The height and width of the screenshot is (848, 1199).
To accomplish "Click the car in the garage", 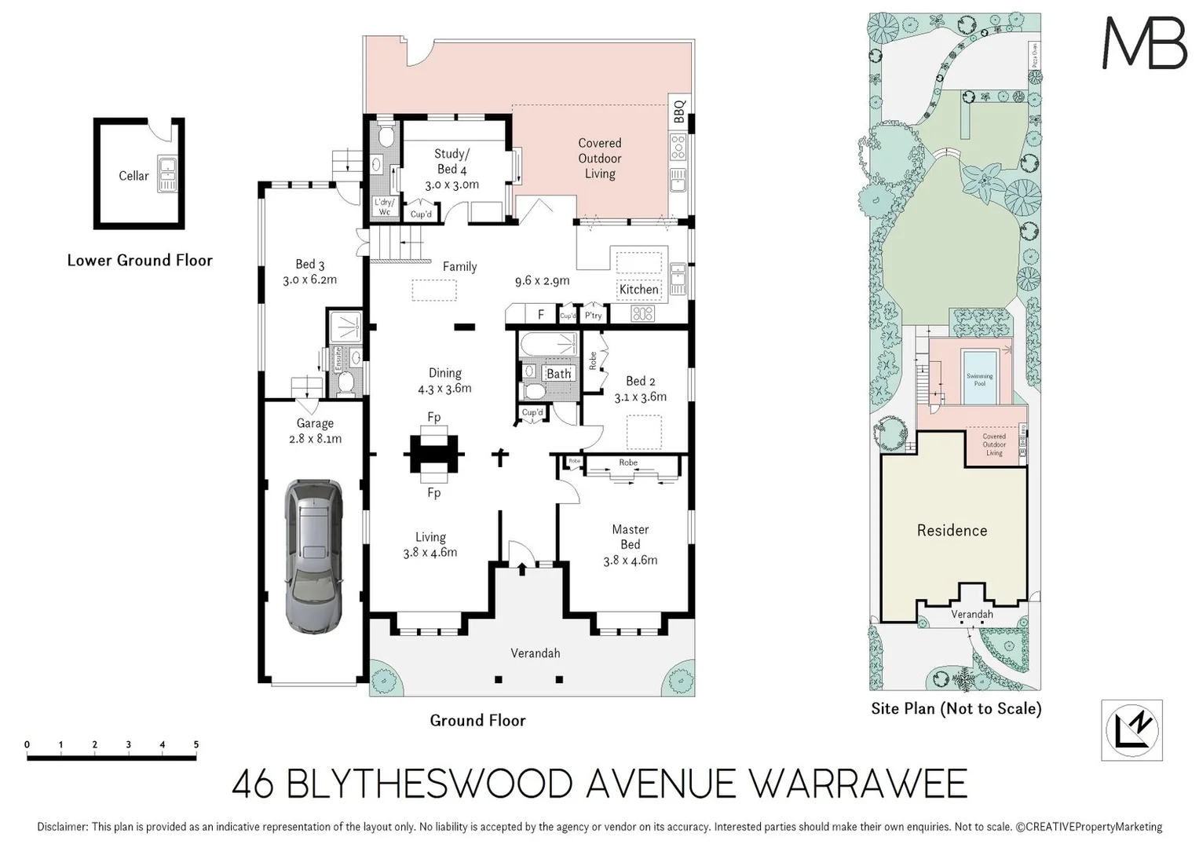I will tap(313, 556).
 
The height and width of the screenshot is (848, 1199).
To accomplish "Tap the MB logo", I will tap(1144, 43).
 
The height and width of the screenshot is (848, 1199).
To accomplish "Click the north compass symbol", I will tap(1131, 730).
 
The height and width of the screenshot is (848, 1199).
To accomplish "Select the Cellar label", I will tap(133, 176).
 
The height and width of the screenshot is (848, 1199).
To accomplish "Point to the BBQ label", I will tap(680, 111).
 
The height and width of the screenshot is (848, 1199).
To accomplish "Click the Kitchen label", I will tap(638, 290).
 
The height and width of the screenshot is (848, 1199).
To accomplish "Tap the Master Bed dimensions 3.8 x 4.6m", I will tap(630, 561).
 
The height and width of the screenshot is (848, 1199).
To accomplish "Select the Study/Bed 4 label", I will tap(451, 162).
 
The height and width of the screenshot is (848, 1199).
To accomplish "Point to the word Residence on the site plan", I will tap(952, 531).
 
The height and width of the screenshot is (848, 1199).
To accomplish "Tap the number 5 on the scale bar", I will tap(196, 744).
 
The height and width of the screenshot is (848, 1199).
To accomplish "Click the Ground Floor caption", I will tap(477, 721).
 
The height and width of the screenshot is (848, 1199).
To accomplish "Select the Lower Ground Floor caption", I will tap(140, 261).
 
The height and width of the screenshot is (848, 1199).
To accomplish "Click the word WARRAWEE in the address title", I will tap(857, 784).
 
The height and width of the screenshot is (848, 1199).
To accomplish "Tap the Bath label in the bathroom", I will tap(558, 374).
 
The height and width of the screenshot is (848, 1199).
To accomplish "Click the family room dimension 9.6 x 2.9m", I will tap(542, 281).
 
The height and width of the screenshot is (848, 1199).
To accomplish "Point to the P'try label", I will tap(594, 316).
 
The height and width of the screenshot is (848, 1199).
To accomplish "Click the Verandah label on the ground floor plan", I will tap(535, 653).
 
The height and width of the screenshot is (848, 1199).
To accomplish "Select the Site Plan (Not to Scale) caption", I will tap(956, 709).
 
